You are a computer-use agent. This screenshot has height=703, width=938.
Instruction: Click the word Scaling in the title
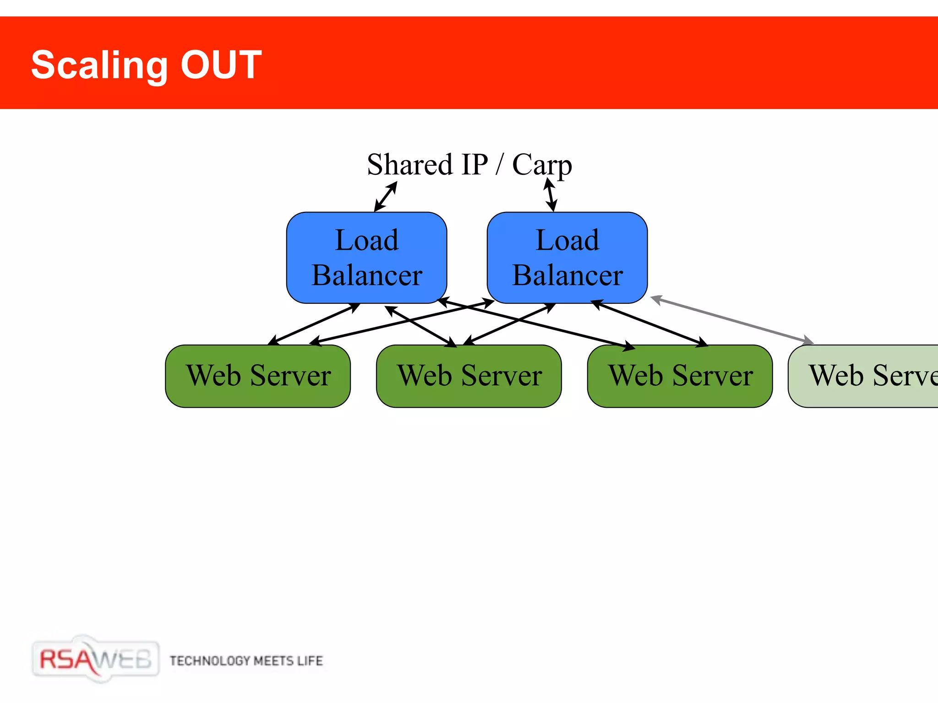(x=99, y=65)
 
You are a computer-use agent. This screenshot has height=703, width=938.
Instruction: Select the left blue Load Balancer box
(x=366, y=257)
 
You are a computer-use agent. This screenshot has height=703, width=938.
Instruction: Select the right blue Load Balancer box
(x=567, y=257)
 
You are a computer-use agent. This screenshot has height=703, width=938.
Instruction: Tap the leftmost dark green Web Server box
(x=258, y=376)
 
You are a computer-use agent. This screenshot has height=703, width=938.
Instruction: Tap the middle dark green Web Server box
(x=469, y=376)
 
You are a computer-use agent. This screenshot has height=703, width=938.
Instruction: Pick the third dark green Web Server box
(x=680, y=376)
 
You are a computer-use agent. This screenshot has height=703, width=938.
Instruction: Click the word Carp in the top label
(x=541, y=165)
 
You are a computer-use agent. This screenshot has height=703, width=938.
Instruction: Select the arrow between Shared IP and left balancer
(x=386, y=197)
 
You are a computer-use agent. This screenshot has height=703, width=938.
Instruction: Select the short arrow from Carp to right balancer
(x=551, y=195)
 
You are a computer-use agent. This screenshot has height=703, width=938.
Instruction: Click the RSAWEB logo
(x=95, y=659)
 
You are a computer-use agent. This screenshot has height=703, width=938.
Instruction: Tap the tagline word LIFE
(x=310, y=661)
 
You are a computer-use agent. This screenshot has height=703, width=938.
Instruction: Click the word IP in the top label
(x=474, y=165)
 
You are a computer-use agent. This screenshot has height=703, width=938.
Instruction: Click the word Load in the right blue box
(x=567, y=240)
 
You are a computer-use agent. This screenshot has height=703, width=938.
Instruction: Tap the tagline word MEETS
(x=273, y=661)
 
